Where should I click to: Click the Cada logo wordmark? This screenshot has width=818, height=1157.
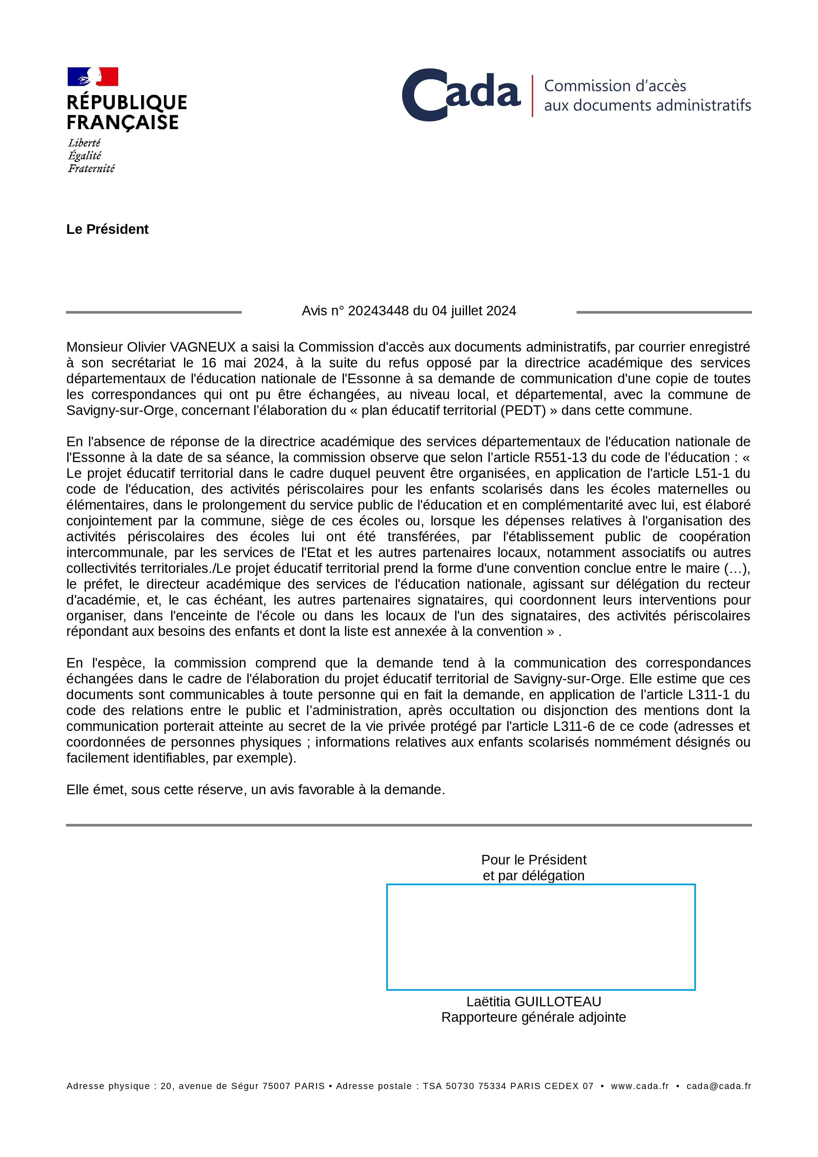461,95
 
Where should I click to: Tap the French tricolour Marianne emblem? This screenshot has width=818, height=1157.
93,77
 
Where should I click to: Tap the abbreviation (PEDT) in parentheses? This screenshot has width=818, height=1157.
523,410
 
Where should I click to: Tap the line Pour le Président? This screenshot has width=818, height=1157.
533,860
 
